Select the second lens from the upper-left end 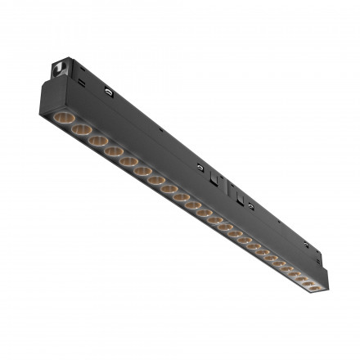[80, 130]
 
